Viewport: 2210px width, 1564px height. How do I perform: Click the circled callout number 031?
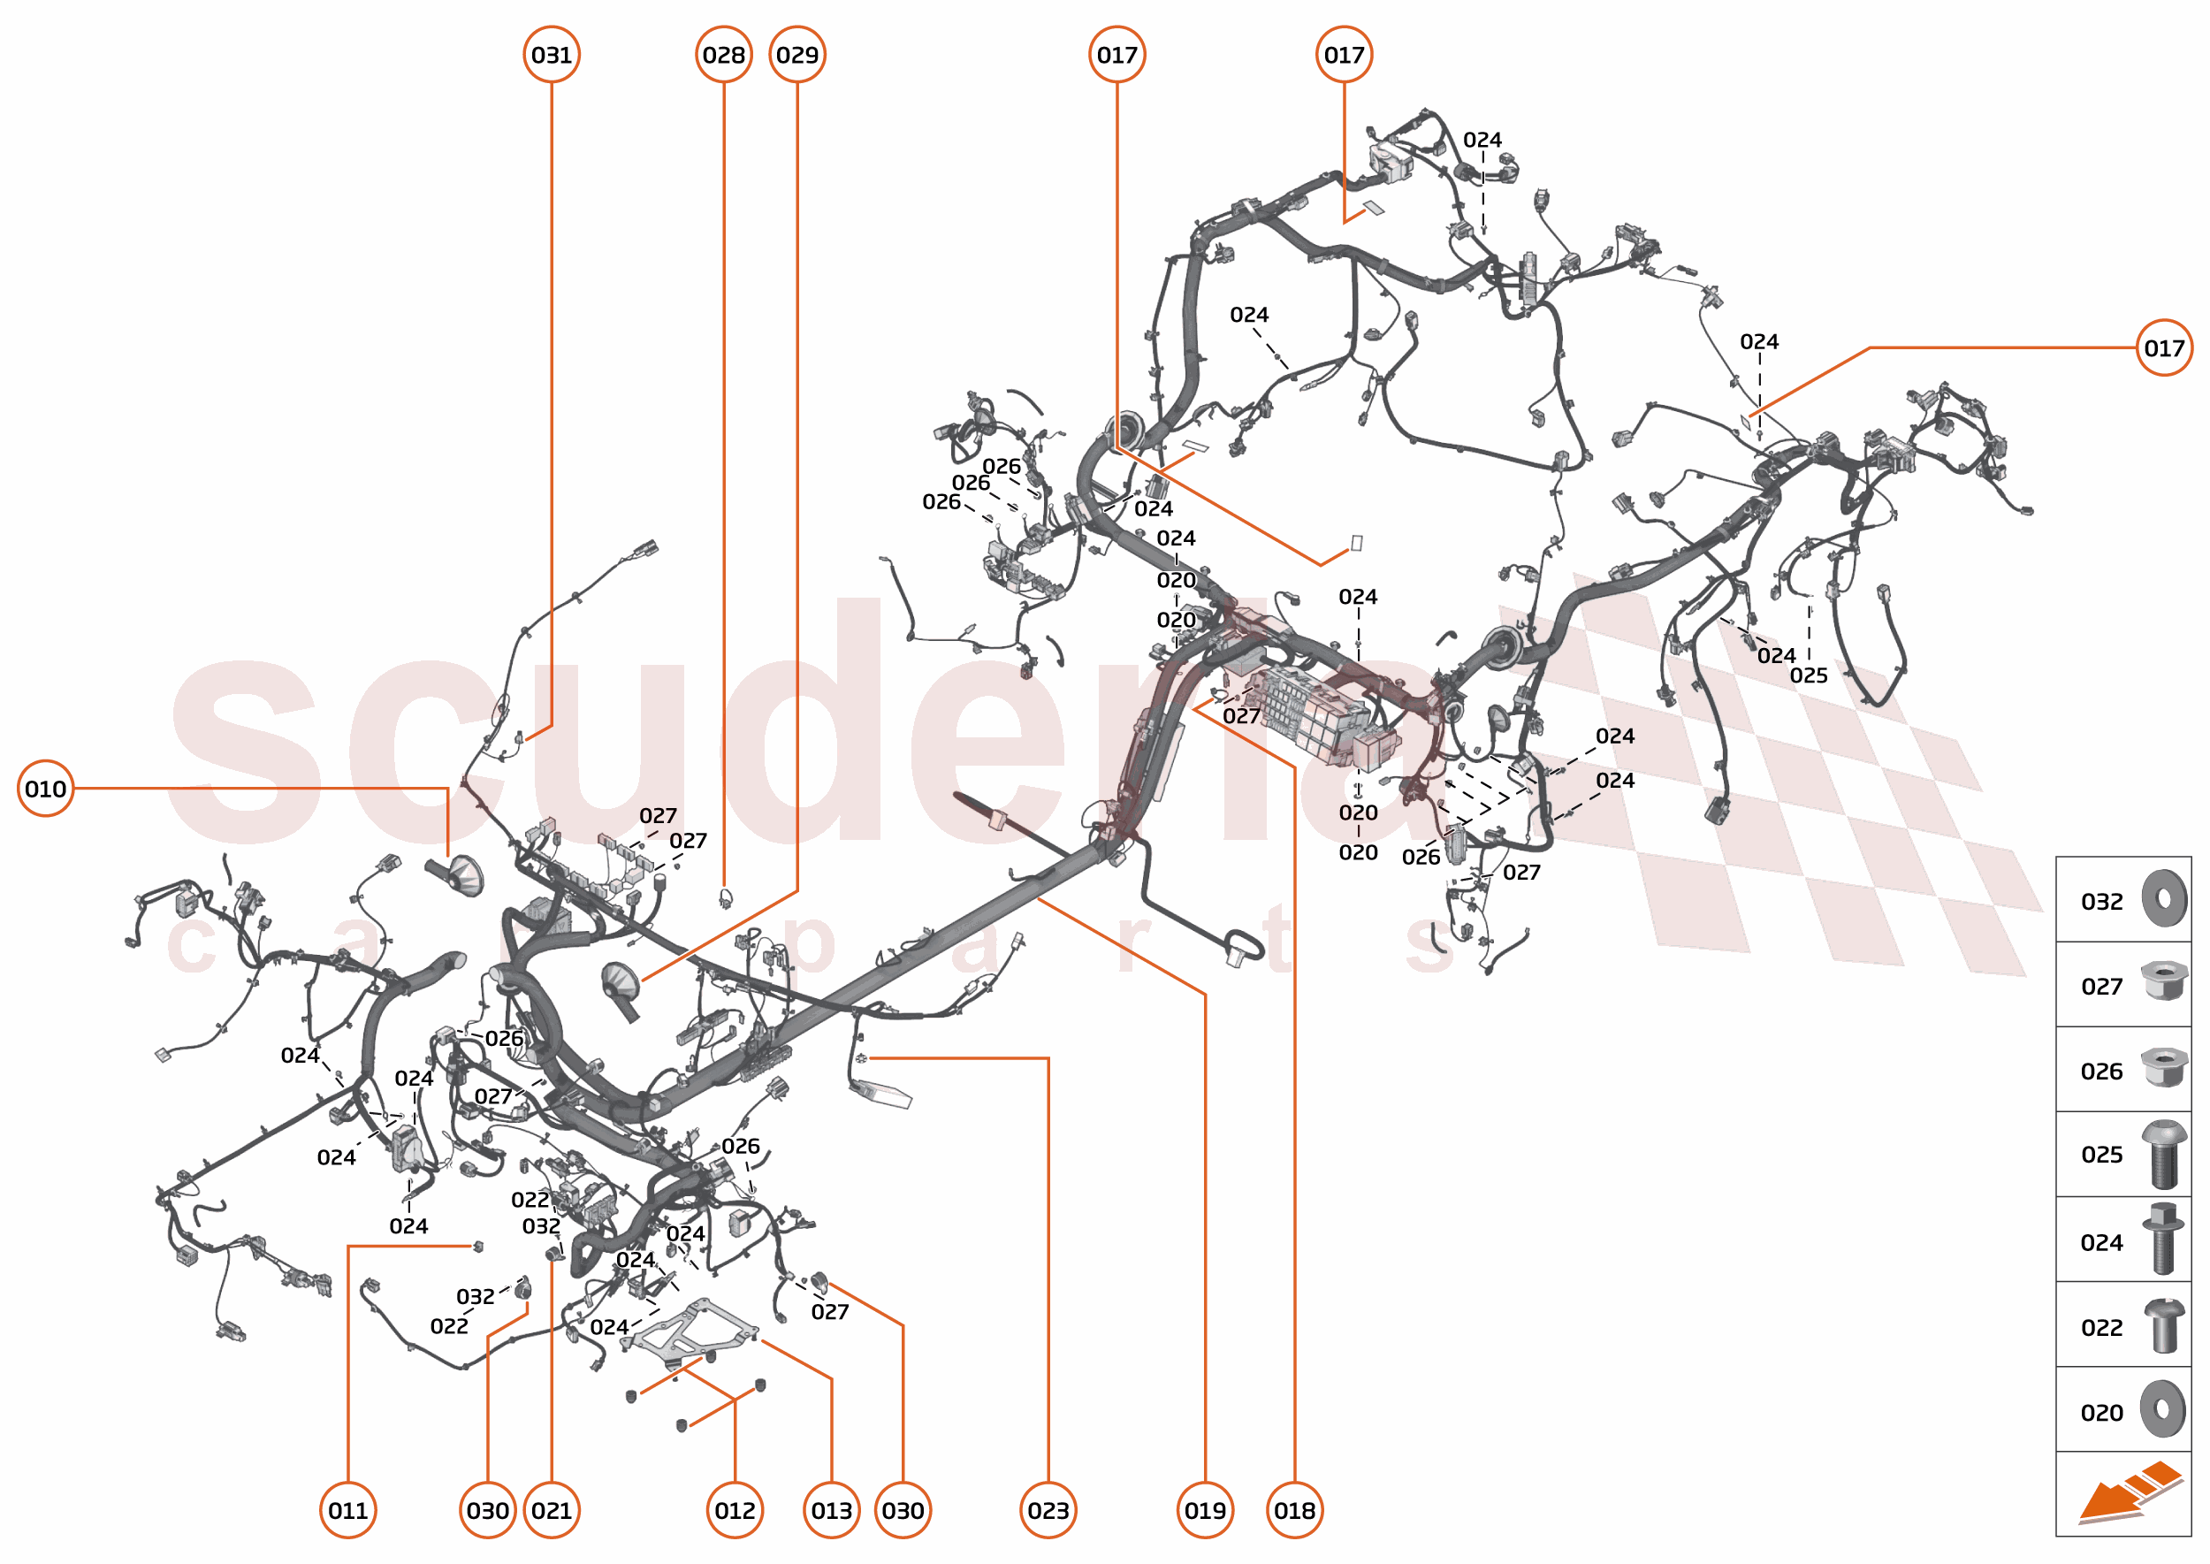click(x=551, y=55)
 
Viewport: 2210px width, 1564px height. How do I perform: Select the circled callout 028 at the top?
click(x=723, y=55)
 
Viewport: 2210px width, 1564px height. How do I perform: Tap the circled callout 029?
click(x=797, y=55)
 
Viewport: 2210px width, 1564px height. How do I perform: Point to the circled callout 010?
click(x=45, y=789)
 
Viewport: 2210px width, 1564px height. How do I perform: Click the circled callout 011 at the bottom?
click(x=347, y=1510)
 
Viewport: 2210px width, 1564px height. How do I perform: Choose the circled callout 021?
click(x=551, y=1510)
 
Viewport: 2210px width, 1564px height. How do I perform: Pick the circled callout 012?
click(x=735, y=1510)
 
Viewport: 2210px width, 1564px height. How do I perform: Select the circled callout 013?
click(x=831, y=1510)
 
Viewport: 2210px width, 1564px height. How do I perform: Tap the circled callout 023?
click(x=1048, y=1510)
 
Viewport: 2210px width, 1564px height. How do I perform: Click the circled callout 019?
click(x=1205, y=1510)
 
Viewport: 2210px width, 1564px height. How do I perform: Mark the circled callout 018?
click(x=1294, y=1510)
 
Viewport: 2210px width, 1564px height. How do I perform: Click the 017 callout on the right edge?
click(x=2164, y=347)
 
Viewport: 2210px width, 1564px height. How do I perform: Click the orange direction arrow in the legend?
click(x=2129, y=1492)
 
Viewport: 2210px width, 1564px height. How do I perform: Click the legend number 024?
click(x=2101, y=1242)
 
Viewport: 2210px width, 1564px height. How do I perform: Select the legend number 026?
click(x=2101, y=1071)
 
